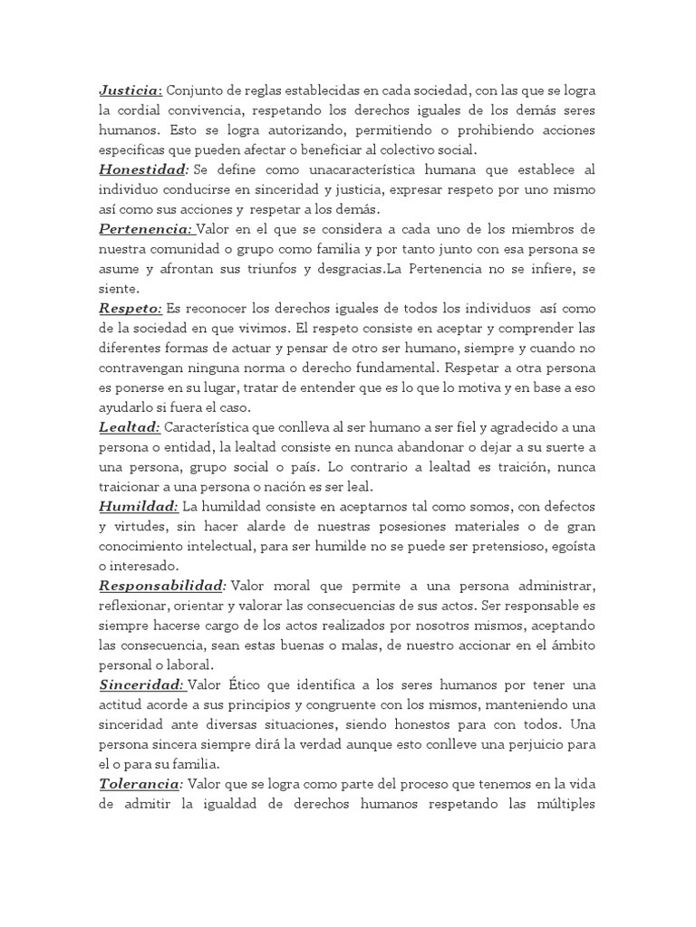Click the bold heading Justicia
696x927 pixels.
coord(130,91)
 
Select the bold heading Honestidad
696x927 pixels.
coord(143,170)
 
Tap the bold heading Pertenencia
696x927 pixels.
coord(145,229)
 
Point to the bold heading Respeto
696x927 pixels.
coord(130,309)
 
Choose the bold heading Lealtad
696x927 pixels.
coord(130,427)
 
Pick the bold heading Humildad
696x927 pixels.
coord(138,506)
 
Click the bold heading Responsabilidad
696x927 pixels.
coord(161,586)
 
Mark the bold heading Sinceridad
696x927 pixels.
coord(141,684)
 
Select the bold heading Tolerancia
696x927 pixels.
coord(140,783)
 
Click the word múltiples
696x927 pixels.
coord(560,803)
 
